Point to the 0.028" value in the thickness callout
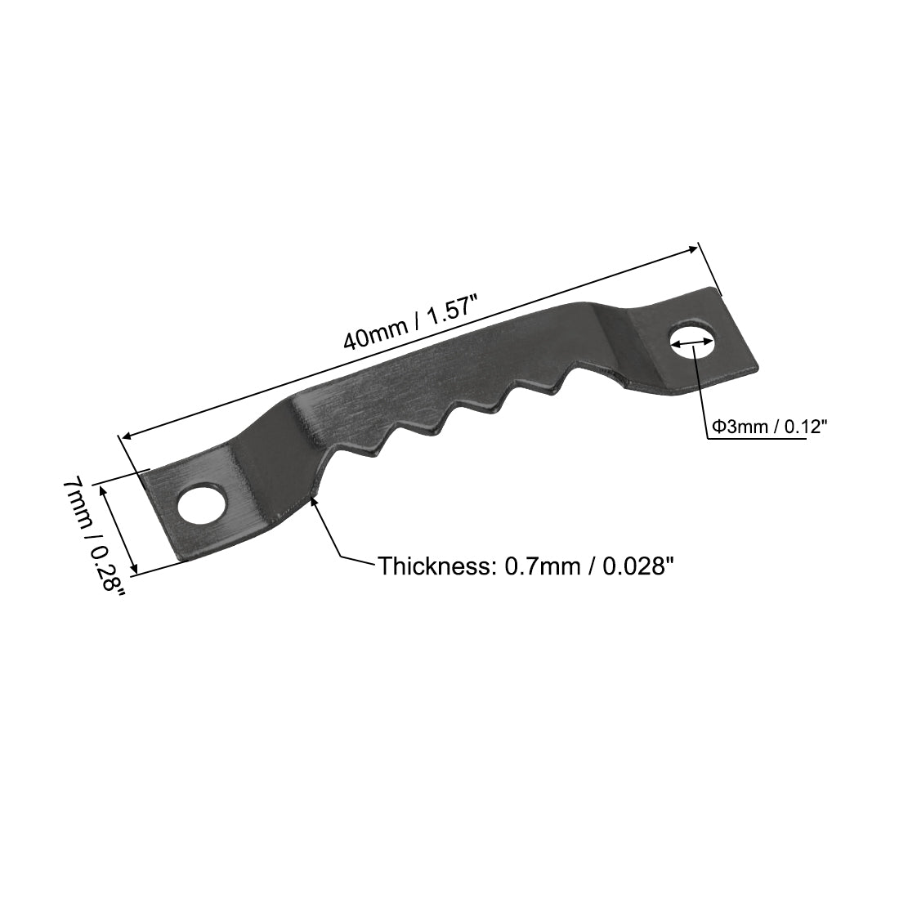(x=637, y=566)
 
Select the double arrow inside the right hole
(x=691, y=347)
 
